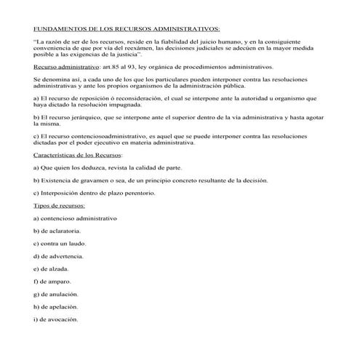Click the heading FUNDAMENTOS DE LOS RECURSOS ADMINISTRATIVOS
[126, 29]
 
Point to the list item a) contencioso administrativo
[75, 218]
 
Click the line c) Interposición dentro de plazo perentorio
[95, 193]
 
